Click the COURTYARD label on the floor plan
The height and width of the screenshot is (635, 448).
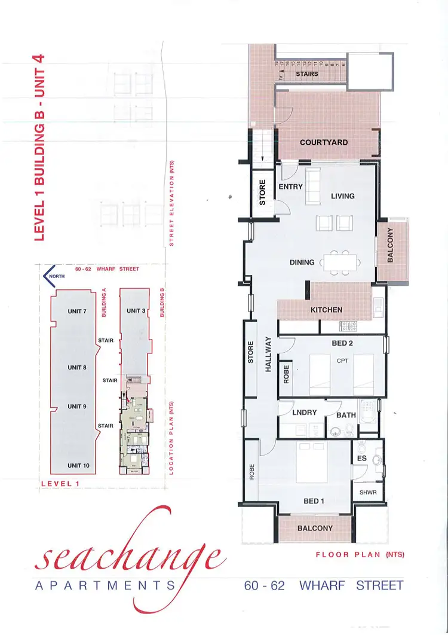point(324,142)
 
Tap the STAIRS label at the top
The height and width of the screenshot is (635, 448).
point(307,74)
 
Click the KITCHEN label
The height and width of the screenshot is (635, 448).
point(326,310)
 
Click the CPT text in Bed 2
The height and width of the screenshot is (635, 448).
point(342,361)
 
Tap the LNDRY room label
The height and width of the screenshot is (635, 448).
point(304,413)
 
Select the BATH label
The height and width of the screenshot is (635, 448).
point(346,415)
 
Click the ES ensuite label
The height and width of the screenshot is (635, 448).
point(361,459)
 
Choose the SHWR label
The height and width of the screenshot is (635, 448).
point(366,493)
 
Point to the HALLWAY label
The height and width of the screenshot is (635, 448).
point(268,354)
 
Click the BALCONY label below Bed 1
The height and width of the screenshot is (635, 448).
point(315,529)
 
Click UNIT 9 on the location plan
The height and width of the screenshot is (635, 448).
point(77,407)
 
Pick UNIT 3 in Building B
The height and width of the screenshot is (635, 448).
point(136,311)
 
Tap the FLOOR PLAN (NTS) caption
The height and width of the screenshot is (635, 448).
point(360,555)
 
